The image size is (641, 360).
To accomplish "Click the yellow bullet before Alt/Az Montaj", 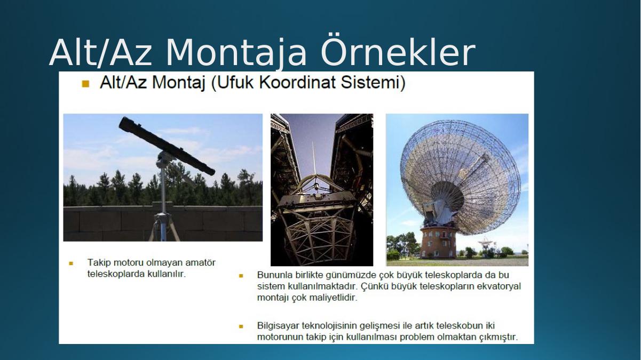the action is [85, 84].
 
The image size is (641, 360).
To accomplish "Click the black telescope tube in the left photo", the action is [167, 145].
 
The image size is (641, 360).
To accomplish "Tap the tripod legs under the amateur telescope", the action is [163, 227].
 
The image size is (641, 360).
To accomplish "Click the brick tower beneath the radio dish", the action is [438, 242].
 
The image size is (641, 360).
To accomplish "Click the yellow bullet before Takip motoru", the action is [71, 263].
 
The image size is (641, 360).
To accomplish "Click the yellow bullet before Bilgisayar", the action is [241, 326].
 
